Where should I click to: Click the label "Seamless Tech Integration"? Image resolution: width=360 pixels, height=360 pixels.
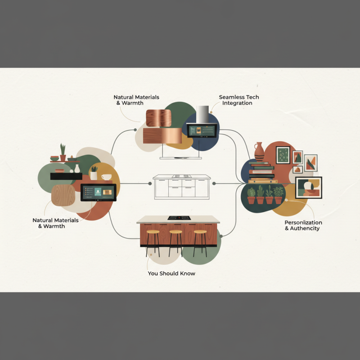point(239,100)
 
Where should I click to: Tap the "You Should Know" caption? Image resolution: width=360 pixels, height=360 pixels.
point(171,274)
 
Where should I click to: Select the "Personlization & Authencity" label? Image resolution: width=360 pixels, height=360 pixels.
point(303,225)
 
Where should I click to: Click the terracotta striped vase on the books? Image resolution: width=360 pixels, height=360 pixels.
point(259,152)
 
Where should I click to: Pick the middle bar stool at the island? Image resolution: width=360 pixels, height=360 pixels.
point(175,243)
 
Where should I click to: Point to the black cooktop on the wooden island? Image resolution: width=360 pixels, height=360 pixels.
point(179,218)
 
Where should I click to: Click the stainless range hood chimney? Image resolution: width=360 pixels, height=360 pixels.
point(202,114)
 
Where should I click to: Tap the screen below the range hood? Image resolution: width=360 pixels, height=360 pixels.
point(202,130)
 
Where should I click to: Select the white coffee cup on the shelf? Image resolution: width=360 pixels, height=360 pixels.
point(107,177)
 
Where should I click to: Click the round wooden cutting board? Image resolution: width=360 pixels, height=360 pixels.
point(63,195)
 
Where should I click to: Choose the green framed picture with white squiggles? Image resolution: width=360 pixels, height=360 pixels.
point(283,155)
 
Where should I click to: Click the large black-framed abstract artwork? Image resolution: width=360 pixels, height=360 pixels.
point(309,188)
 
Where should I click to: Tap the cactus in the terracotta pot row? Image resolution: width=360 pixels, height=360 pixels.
point(260,194)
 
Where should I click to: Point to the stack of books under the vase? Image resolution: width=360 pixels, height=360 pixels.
point(262,172)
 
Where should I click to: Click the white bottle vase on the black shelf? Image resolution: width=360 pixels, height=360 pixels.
point(77,168)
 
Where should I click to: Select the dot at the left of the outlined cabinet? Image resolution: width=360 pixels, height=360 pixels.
point(150,184)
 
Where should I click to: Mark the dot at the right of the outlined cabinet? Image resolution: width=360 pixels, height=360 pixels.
point(214,184)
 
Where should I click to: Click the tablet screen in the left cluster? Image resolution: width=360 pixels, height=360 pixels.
point(98,193)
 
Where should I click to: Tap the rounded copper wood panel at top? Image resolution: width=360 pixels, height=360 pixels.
point(159,118)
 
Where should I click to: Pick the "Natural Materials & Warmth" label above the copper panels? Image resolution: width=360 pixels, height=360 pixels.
point(136,100)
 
